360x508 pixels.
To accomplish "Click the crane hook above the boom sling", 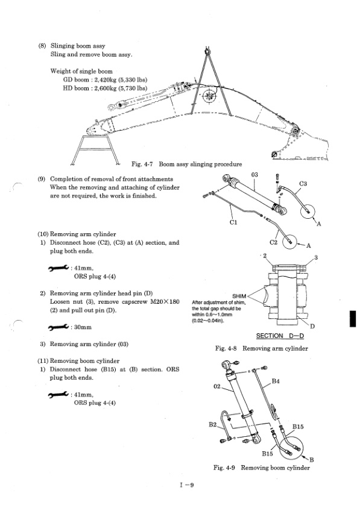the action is point(207,50).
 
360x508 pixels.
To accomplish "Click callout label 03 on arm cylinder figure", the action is point(254,175).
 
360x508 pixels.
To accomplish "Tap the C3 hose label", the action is point(303,184).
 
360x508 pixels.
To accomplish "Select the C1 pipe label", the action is point(233,222).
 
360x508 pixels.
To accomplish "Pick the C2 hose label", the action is point(274,242).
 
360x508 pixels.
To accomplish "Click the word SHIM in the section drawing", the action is point(239,296).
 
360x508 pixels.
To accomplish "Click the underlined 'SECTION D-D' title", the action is point(280,336).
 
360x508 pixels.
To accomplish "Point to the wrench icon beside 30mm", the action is point(58,327).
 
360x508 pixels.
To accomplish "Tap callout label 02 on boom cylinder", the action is point(217,386).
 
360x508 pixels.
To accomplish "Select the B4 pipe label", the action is point(276,381).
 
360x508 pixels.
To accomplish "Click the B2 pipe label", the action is point(212,424).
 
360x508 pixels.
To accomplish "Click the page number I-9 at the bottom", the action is point(187,485).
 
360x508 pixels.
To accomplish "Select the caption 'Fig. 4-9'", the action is point(224,468).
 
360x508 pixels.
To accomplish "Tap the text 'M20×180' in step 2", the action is point(165,302).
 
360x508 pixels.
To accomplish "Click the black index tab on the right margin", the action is point(353,319).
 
